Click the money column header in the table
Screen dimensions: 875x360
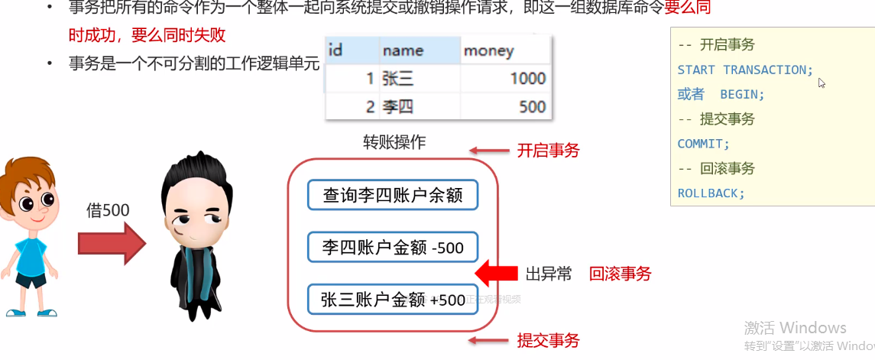pos(489,51)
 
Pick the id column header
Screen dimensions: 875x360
pos(335,51)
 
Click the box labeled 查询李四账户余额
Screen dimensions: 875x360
pos(393,195)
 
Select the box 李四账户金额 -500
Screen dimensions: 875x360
pos(393,248)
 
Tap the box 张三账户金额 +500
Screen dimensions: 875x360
pos(393,300)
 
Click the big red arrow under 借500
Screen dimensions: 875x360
pos(111,244)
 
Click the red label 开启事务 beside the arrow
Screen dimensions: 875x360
pos(548,151)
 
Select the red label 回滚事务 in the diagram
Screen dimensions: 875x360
pos(620,274)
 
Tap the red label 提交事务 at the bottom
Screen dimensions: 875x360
pos(548,340)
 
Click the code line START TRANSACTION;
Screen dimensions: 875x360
pos(746,70)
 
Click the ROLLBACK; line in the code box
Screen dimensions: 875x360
pos(711,193)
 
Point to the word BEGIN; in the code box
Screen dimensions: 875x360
pos(742,94)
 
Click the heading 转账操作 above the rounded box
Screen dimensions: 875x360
pos(394,143)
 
